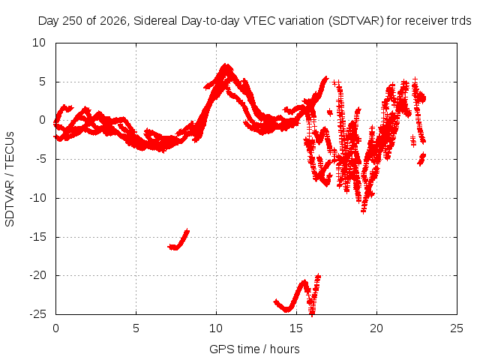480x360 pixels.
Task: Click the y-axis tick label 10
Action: point(39,43)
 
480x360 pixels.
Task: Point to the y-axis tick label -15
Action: point(37,237)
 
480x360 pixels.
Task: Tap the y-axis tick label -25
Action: point(37,314)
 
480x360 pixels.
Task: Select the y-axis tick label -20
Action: point(37,275)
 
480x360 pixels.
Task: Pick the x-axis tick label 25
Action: point(457,328)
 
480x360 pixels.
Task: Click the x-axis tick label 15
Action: point(296,328)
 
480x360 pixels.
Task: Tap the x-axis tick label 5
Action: point(136,328)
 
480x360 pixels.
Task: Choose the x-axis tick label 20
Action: point(376,328)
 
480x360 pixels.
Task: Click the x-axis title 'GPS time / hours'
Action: point(254,349)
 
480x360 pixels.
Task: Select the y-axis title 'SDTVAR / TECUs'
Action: point(10,179)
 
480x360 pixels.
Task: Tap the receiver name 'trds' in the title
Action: point(461,21)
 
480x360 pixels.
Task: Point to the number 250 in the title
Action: point(73,21)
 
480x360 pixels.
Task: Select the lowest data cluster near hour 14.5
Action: point(287,308)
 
